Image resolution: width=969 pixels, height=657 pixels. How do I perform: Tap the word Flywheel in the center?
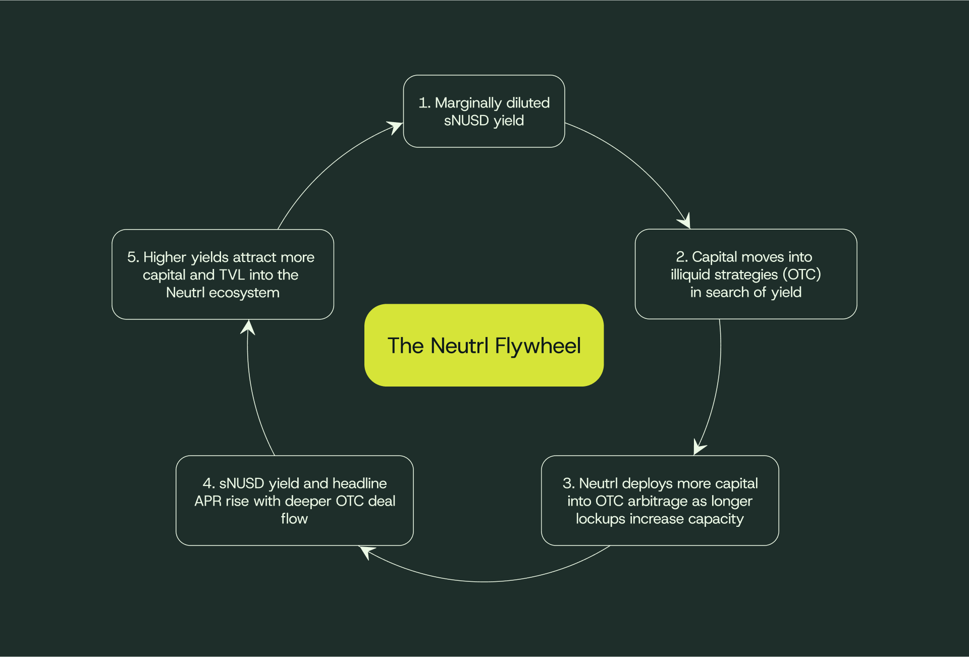point(537,346)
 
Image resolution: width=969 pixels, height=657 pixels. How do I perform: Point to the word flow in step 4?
point(294,519)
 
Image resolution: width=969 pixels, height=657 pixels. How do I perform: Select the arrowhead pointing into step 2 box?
point(685,221)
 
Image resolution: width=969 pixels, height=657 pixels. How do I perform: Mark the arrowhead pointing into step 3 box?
point(699,447)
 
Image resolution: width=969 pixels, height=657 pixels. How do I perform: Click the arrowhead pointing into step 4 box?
point(366,551)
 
